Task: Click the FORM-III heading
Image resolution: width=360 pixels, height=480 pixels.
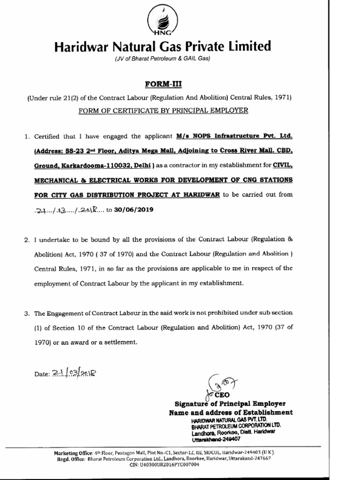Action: click(x=162, y=84)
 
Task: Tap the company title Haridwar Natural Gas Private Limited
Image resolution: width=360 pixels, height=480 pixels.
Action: click(x=162, y=47)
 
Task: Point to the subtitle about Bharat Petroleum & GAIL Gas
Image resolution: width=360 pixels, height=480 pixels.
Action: click(x=162, y=59)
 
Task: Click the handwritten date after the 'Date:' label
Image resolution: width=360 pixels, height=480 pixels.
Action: click(x=74, y=374)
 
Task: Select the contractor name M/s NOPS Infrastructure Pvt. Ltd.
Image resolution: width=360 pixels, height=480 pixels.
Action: click(x=234, y=136)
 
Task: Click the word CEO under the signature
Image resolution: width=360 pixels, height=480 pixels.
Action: click(x=223, y=395)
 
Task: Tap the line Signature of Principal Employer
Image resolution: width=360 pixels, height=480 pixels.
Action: click(x=230, y=404)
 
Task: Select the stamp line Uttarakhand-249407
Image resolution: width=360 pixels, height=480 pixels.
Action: click(x=216, y=439)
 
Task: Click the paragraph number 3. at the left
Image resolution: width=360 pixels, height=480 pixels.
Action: click(x=27, y=313)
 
